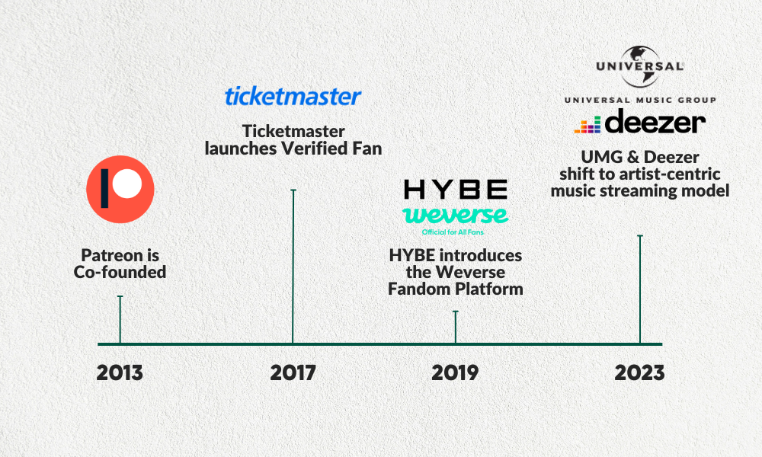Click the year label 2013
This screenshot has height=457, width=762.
[x=120, y=373]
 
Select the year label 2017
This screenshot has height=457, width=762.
[x=293, y=373]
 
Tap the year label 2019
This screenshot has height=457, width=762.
[x=455, y=373]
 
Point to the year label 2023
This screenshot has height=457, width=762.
[x=639, y=373]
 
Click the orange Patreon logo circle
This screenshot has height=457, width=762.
[x=120, y=190]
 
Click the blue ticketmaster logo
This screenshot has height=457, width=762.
[x=293, y=96]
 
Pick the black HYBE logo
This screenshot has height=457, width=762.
[x=456, y=190]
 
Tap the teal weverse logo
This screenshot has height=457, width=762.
[x=456, y=215]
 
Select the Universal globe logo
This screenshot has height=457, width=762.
[x=640, y=66]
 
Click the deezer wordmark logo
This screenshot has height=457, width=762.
[x=655, y=121]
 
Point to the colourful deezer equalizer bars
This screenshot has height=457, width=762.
[x=588, y=125]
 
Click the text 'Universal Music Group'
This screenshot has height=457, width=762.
[x=640, y=100]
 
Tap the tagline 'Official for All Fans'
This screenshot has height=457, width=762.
[x=453, y=232]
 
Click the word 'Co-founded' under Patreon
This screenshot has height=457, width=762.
[x=120, y=272]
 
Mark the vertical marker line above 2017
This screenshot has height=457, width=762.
[x=293, y=267]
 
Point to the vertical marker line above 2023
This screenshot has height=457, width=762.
[x=640, y=289]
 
